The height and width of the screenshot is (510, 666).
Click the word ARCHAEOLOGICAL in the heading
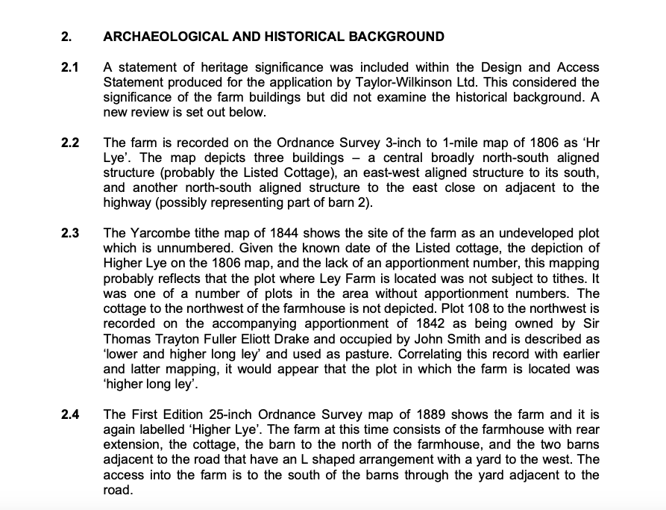coord(159,37)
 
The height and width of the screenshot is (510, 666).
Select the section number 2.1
coord(70,69)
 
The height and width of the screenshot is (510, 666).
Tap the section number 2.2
coord(70,143)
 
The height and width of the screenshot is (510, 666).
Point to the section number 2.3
coord(70,233)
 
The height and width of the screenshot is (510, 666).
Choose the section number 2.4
coord(70,414)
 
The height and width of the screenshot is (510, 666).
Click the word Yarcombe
coord(154,234)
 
